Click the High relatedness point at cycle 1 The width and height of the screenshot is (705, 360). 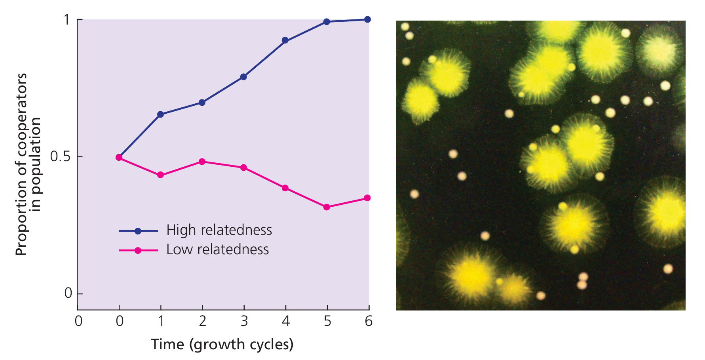pos(160,114)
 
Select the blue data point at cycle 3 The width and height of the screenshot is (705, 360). pos(243,77)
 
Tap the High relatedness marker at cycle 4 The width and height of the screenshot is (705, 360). pos(285,40)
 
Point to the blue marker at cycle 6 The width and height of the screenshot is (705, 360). pos(367,19)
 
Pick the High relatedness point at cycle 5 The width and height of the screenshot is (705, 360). pos(327,22)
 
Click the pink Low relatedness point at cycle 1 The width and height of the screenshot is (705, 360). pos(160,175)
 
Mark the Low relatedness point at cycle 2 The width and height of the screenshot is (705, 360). pos(202,162)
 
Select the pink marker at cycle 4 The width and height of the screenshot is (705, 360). pos(285,188)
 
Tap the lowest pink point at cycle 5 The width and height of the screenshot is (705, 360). pos(327,207)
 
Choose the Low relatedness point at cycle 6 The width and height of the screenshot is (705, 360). pos(367,198)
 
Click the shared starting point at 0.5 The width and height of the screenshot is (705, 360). pos(119,157)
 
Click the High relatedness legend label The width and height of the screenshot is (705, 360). pos(219,230)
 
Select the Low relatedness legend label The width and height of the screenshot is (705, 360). pos(217,250)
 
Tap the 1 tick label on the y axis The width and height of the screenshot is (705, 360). pos(67,20)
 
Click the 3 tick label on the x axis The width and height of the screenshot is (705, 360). pos(244,321)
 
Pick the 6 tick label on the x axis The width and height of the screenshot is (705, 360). pos(369,321)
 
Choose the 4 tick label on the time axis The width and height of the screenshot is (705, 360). pos(285,321)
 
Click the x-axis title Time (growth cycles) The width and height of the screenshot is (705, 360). pos(222,345)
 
